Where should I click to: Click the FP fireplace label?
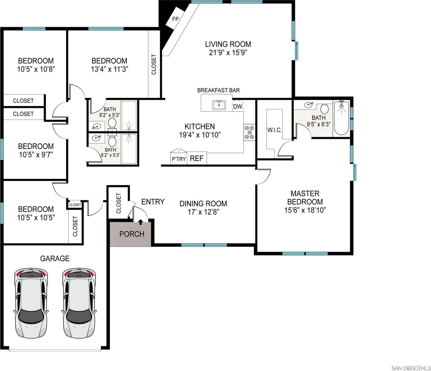pyautogui.click(x=175, y=19)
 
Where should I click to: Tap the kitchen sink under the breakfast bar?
pyautogui.click(x=219, y=105)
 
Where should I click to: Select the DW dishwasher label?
pyautogui.click(x=238, y=107)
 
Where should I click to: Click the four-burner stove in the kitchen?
pyautogui.click(x=250, y=132)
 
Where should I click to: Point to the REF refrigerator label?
pyautogui.click(x=197, y=158)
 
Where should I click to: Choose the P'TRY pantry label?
pyautogui.click(x=179, y=159)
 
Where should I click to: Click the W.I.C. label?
pyautogui.click(x=274, y=130)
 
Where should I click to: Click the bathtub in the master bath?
pyautogui.click(x=341, y=118)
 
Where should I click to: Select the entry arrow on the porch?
pyautogui.click(x=141, y=222)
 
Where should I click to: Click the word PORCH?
pyautogui.click(x=132, y=234)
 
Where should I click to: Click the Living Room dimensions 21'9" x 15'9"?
pyautogui.click(x=228, y=52)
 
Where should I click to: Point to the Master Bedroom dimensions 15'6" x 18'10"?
pyautogui.click(x=305, y=210)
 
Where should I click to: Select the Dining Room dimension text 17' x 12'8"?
pyautogui.click(x=203, y=212)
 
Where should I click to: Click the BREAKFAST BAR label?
pyautogui.click(x=219, y=90)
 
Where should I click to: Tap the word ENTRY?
pyautogui.click(x=153, y=202)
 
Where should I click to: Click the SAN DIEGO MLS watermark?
pyautogui.click(x=411, y=368)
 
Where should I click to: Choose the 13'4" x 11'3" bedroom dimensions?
pyautogui.click(x=109, y=69)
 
